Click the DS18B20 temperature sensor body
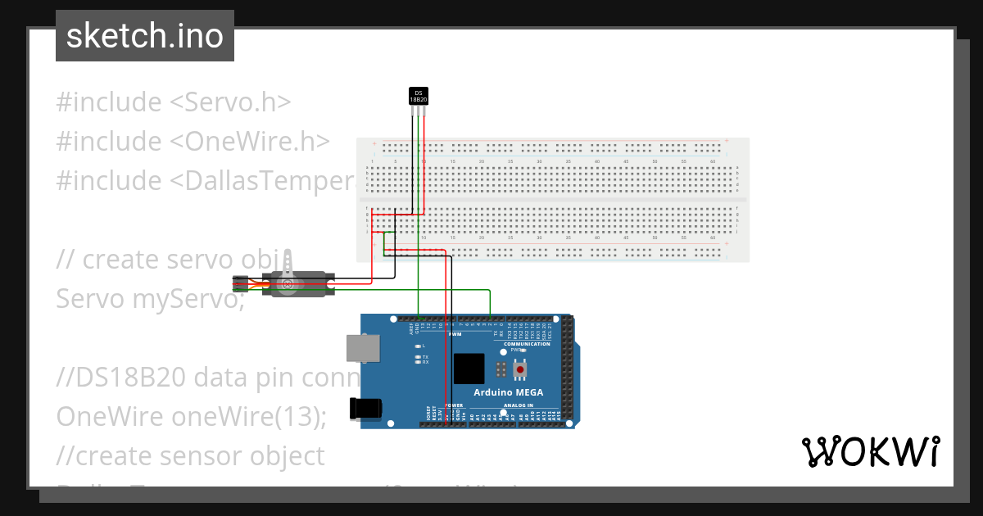(x=418, y=96)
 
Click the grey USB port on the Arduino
(x=361, y=348)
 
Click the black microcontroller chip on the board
(x=469, y=369)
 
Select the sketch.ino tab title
(x=145, y=36)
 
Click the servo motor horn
(x=288, y=284)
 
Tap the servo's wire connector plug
(x=240, y=284)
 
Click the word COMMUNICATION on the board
(x=527, y=344)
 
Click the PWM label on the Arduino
(x=455, y=334)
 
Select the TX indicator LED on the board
(x=418, y=357)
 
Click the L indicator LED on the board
(x=418, y=346)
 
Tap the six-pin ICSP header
(x=500, y=370)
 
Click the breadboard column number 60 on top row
(x=713, y=162)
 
